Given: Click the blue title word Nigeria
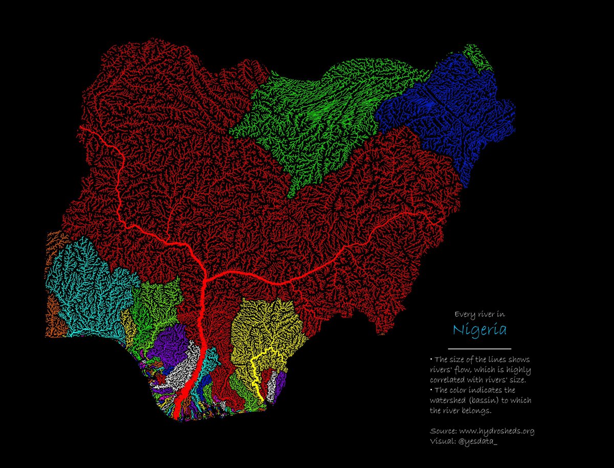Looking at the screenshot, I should (x=479, y=329).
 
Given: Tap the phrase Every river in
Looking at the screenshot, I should (x=479, y=314).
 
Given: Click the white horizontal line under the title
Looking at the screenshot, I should (x=479, y=348).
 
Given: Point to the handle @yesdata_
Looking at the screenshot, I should (x=478, y=441).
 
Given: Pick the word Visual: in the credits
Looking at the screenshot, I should (x=442, y=441).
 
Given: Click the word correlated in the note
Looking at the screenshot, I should (x=447, y=380).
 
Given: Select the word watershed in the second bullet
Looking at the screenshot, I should (x=447, y=400).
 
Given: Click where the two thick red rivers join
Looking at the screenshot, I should (x=205, y=279).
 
